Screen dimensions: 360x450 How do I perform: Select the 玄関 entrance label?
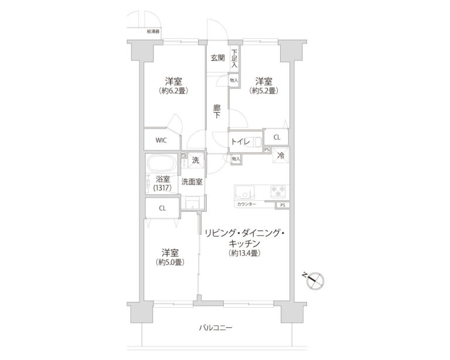218,57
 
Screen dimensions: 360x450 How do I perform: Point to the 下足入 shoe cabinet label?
234,58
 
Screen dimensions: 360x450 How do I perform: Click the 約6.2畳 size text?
171,91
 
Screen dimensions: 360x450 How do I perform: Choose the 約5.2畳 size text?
262,91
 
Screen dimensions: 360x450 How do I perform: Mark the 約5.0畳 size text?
171,262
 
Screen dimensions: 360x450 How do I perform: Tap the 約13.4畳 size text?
244,253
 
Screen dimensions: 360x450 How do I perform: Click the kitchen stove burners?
277,191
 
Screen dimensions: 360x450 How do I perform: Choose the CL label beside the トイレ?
277,137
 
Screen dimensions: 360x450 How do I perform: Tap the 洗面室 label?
192,182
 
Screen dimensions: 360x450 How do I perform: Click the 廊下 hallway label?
217,111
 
